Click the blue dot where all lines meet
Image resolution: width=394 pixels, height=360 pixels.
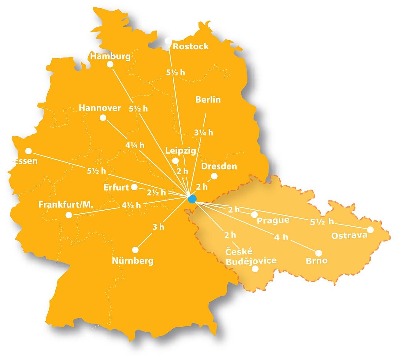click(x=192, y=199)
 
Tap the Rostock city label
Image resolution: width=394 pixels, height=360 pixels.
click(x=191, y=47)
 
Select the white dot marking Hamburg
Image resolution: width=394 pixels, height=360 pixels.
click(x=110, y=64)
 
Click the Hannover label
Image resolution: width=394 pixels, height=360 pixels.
click(x=100, y=108)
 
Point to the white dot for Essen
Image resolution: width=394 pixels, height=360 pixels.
click(x=28, y=151)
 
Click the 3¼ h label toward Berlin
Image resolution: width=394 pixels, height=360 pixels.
click(x=203, y=133)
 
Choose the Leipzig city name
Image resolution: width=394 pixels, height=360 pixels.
click(x=181, y=151)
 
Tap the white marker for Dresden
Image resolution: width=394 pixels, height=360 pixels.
click(x=214, y=176)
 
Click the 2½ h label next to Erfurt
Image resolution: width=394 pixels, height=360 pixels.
click(x=156, y=192)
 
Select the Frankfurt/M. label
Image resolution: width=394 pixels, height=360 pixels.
click(x=66, y=204)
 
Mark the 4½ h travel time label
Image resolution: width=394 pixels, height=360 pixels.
click(x=131, y=205)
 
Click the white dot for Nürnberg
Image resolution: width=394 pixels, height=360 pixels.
click(x=135, y=249)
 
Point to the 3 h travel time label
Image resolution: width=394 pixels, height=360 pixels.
click(x=159, y=227)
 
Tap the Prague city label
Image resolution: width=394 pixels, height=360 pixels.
click(x=273, y=220)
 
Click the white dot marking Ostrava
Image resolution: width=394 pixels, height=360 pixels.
click(x=370, y=230)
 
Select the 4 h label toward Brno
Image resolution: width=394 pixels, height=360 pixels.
click(x=281, y=237)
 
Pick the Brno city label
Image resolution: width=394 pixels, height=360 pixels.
click(x=316, y=261)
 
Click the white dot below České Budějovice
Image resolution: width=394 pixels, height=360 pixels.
click(x=255, y=269)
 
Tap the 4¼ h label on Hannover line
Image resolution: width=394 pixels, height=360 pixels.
click(x=135, y=145)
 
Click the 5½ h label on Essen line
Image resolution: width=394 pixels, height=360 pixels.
click(x=96, y=171)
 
